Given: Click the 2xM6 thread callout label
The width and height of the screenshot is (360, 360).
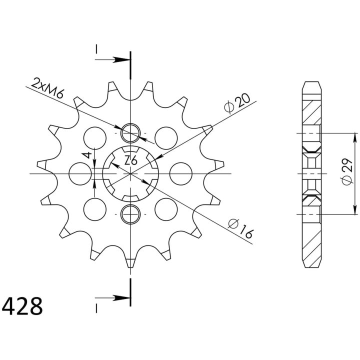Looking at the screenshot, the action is pos(47,88).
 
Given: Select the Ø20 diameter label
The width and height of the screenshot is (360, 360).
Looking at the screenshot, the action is pos(237,103).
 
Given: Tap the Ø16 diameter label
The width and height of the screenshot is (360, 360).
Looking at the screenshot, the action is pos(240,228).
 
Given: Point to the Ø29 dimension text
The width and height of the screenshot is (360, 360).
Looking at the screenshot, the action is pos(347,171).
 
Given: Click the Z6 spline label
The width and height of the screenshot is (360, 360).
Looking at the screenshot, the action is pos(130,160).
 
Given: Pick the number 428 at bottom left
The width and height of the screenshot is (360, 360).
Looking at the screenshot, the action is pos(22,306).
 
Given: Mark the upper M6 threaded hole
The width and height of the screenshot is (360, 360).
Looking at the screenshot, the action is pos(130,133).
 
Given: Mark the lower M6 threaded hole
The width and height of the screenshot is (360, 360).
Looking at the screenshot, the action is pos(130,214).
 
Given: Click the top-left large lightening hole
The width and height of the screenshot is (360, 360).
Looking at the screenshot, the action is pos(95,138).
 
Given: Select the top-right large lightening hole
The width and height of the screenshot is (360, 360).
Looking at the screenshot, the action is pos(166,138).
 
